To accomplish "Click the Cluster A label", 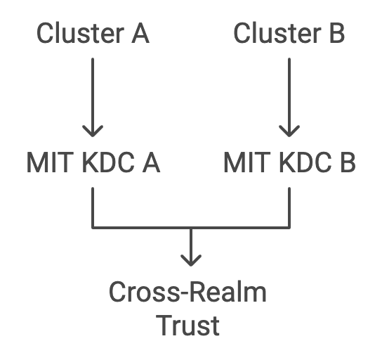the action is [93, 33].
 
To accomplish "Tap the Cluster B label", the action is [289, 33].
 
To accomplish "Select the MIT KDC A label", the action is [93, 162].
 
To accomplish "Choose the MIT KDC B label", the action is [289, 162].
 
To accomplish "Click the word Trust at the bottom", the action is [187, 325].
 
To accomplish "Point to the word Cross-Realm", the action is [187, 292].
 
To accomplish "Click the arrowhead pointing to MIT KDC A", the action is [93, 131].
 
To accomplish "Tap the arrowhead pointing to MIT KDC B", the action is [289, 131].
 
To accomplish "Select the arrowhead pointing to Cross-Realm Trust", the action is [191, 260].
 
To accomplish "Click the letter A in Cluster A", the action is [140, 34].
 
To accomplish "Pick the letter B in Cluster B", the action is [337, 34].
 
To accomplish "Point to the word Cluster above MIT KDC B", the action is [278, 33].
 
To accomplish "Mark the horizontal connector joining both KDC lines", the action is [191, 228].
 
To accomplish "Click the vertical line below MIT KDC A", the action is [93, 207].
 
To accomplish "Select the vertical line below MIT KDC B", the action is [289, 207].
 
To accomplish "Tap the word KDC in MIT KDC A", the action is [108, 162].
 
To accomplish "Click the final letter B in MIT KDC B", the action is [348, 162].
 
